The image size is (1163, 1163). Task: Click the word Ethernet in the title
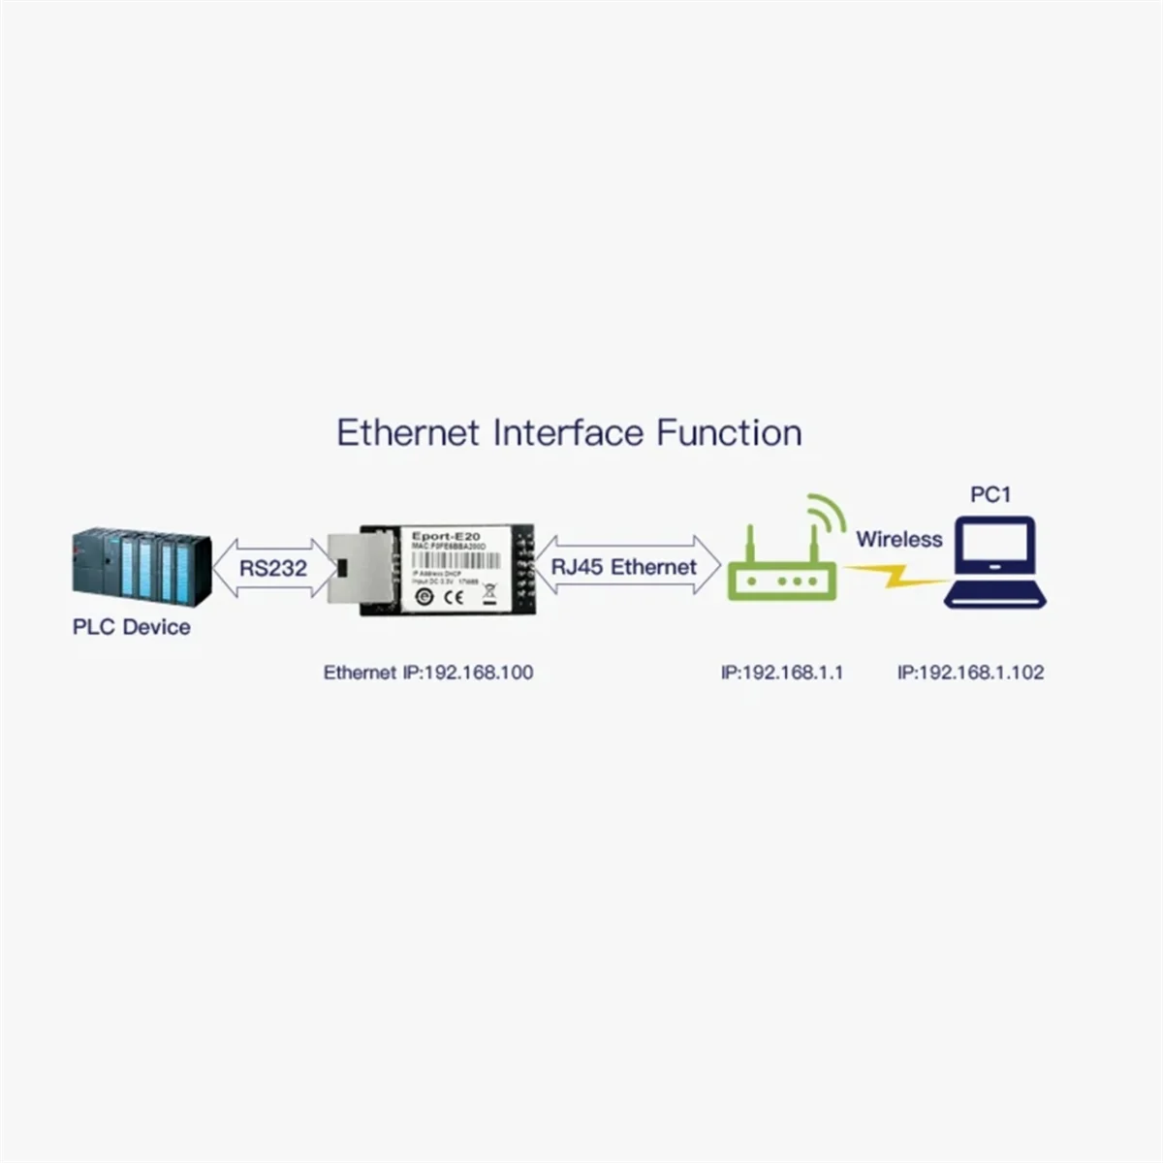click(408, 432)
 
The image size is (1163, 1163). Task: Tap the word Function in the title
click(729, 432)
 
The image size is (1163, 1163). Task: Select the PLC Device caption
click(132, 627)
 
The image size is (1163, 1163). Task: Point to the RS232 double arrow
click(272, 567)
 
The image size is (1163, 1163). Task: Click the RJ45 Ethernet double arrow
click(624, 567)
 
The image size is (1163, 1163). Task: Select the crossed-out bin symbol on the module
click(488, 593)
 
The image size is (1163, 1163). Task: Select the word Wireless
click(898, 540)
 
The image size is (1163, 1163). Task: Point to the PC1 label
click(990, 495)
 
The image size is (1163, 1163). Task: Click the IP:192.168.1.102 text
click(970, 673)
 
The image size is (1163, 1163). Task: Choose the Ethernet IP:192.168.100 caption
click(428, 673)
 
